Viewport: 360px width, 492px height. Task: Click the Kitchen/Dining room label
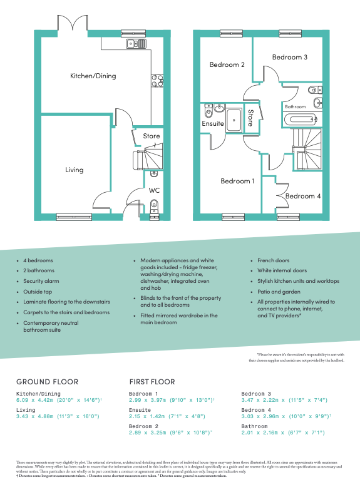tap(93, 76)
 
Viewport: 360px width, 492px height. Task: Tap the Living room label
tap(75, 170)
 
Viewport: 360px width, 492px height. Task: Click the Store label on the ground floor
tap(152, 136)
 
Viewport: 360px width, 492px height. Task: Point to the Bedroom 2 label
tap(227, 64)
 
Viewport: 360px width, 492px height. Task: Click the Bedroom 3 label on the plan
tap(289, 57)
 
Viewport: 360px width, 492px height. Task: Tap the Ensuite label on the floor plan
tap(213, 124)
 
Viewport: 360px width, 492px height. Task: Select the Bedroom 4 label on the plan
tap(303, 196)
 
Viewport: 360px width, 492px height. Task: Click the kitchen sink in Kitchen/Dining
tap(136, 43)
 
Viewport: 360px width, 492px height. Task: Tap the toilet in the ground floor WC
tap(154, 205)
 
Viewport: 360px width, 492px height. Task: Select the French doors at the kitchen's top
tap(76, 26)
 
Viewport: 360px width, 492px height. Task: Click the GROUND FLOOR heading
tap(47, 381)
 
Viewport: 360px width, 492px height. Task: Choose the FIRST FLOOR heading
tap(152, 381)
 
